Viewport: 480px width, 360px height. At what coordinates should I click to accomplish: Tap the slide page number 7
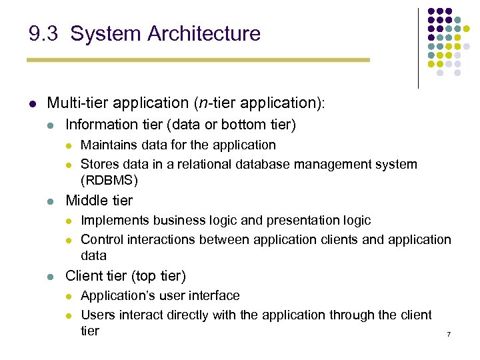click(x=449, y=334)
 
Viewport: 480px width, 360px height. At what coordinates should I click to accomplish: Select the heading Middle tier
click(x=99, y=201)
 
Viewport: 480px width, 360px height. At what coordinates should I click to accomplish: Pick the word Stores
click(x=99, y=164)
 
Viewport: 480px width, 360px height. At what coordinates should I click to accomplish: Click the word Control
click(x=102, y=239)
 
